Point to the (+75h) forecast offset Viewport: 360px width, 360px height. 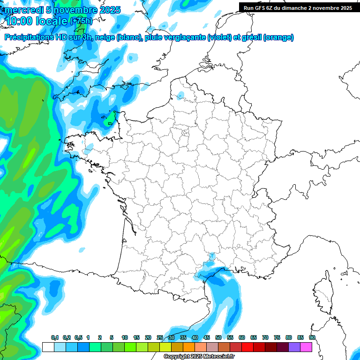coord(81,21)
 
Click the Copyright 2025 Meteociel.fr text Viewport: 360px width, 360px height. coord(199,356)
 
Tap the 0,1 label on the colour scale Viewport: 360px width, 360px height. coord(55,337)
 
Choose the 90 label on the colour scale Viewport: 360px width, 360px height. coord(312,337)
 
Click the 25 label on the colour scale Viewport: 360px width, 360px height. coord(160,337)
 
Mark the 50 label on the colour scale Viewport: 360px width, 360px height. coord(218,337)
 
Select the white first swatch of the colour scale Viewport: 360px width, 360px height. coord(48,347)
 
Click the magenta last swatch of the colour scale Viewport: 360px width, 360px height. coord(306,347)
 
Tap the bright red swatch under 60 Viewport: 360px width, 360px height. coord(247,347)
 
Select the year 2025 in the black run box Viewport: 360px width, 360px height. coord(344,8)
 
